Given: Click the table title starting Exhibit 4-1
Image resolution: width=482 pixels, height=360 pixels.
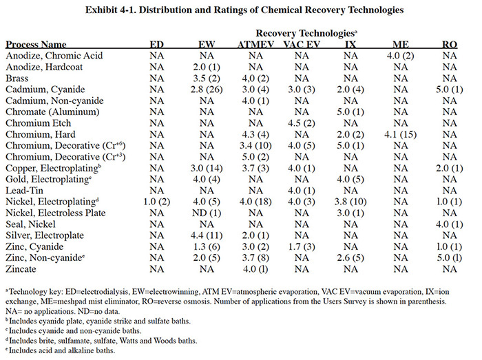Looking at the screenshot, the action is [x=244, y=10].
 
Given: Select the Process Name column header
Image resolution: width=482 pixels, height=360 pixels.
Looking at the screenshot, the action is [x=36, y=45].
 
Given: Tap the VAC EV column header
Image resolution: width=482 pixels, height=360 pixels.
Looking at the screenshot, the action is [x=302, y=45].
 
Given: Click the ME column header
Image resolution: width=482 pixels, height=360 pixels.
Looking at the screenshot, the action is [x=401, y=45].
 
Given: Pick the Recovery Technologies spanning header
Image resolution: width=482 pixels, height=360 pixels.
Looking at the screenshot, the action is [x=306, y=33].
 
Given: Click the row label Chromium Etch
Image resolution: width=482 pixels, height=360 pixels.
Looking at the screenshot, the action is [x=38, y=123].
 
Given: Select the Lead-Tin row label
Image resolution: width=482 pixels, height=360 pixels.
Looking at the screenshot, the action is [x=24, y=191].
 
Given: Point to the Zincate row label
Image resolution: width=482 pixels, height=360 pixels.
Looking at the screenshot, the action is [x=21, y=269].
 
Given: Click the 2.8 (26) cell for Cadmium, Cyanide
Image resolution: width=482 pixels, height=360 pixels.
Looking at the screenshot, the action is [x=207, y=89].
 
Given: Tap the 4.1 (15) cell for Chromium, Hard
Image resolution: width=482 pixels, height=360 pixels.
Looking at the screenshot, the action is [x=400, y=134].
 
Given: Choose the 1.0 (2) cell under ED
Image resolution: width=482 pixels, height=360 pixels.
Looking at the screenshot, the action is [x=157, y=202].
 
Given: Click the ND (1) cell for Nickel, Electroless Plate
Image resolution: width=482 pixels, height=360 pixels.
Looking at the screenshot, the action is [x=207, y=213].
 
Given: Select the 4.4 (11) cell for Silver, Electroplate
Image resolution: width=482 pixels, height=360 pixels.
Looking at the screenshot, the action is [x=207, y=235].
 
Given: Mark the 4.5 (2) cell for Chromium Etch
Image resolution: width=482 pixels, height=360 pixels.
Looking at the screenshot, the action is [x=302, y=123].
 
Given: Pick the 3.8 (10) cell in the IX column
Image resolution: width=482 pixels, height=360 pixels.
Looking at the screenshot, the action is [x=350, y=202].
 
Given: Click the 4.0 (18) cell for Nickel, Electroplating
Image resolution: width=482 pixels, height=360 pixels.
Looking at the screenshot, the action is [x=255, y=202].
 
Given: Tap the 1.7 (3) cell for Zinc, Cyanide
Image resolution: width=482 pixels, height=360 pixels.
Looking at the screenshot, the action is [x=302, y=247].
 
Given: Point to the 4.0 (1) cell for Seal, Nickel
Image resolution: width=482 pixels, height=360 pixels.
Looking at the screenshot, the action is [x=449, y=224].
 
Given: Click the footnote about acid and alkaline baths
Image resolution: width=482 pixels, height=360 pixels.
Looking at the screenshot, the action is [x=61, y=350].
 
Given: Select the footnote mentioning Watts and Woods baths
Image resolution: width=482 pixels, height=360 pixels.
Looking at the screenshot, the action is [x=101, y=341].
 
